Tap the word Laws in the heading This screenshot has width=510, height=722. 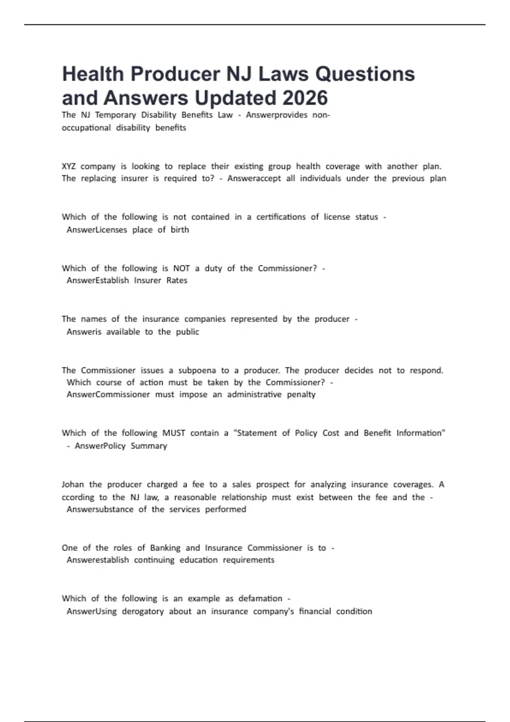(284, 74)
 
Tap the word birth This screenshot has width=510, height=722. (180, 230)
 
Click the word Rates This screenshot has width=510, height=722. (177, 280)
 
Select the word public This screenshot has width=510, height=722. (187, 332)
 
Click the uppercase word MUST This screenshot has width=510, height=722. (174, 433)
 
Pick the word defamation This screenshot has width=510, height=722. (260, 598)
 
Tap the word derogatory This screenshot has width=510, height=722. (143, 612)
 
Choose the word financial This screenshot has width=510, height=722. (314, 612)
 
